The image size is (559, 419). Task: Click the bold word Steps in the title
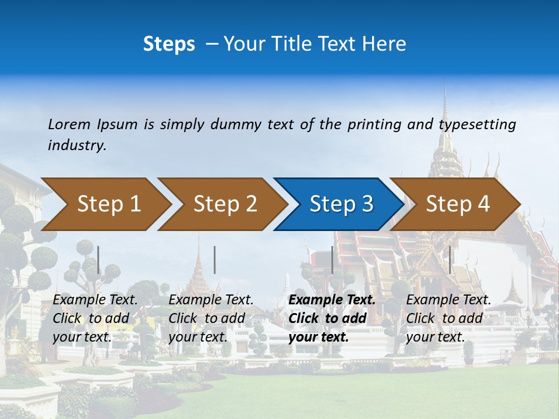coord(169,44)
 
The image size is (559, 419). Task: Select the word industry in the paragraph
coord(76,145)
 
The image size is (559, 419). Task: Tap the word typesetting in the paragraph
coord(477,124)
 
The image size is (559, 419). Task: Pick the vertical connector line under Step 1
coord(98,260)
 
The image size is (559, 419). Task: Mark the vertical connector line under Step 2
coord(215,260)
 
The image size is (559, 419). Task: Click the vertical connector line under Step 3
coord(332,260)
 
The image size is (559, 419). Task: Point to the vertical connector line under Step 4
coord(450,260)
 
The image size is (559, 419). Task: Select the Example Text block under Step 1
coord(95,318)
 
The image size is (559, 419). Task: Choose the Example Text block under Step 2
coord(211,318)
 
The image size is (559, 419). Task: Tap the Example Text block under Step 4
coord(448,318)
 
